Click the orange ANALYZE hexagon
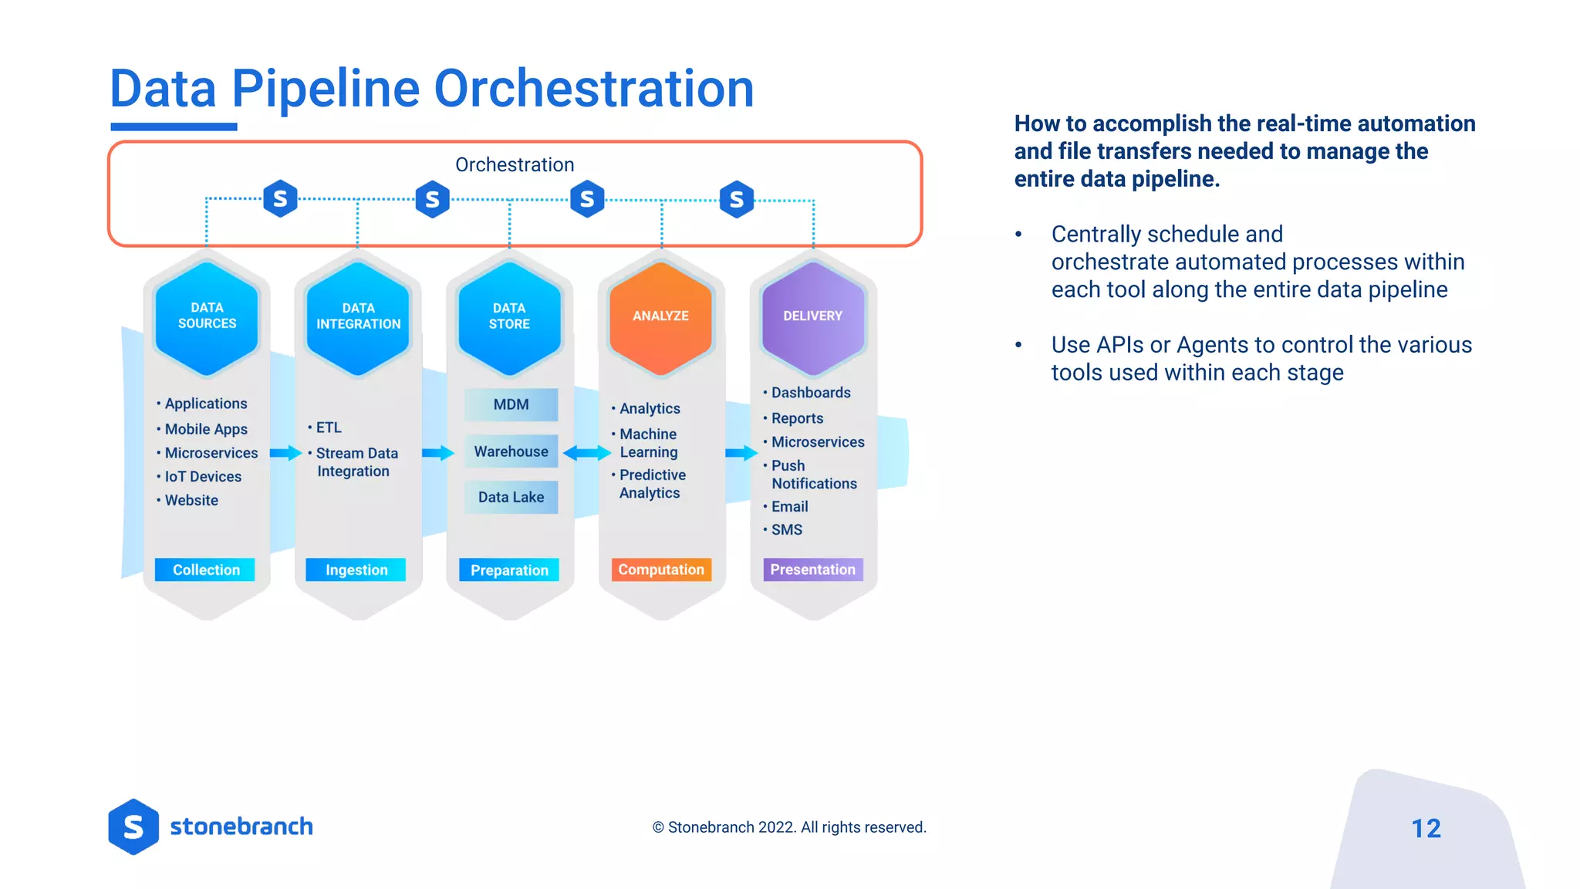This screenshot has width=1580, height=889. pyautogui.click(x=660, y=317)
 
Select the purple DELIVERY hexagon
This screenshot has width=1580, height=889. pyautogui.click(x=812, y=317)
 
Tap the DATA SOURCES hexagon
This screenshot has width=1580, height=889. pyautogui.click(x=207, y=317)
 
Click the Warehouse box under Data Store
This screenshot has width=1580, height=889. pyautogui.click(x=511, y=451)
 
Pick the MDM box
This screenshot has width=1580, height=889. pyautogui.click(x=511, y=404)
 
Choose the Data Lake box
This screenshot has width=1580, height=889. pyautogui.click(x=511, y=497)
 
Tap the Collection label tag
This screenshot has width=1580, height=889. pyautogui.click(x=205, y=570)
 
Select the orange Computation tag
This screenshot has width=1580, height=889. pyautogui.click(x=661, y=570)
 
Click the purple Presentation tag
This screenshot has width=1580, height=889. pyautogui.click(x=812, y=570)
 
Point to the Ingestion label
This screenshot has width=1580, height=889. pyautogui.click(x=356, y=570)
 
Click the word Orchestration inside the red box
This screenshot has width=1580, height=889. pyautogui.click(x=515, y=164)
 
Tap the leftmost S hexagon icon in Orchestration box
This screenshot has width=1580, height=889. pyautogui.click(x=280, y=199)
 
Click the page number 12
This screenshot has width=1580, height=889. pyautogui.click(x=1426, y=828)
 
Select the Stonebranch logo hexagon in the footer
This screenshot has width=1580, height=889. pyautogui.click(x=133, y=826)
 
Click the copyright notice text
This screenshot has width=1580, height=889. pyautogui.click(x=788, y=827)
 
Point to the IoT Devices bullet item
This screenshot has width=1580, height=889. pyautogui.click(x=202, y=477)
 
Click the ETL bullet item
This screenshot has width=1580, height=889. pyautogui.click(x=328, y=428)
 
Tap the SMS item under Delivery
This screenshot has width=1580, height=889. pyautogui.click(x=786, y=529)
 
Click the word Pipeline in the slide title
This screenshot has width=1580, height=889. pyautogui.click(x=325, y=89)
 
